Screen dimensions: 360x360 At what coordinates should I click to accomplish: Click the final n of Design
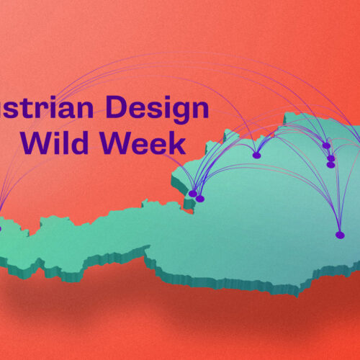pyautogui.click(x=202, y=110)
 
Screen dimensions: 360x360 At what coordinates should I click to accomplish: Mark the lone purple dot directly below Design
pyautogui.click(x=256, y=155)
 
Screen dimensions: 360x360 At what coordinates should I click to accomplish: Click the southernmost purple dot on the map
pyautogui.click(x=340, y=235)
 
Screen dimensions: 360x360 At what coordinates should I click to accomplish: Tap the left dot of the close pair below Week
pyautogui.click(x=192, y=194)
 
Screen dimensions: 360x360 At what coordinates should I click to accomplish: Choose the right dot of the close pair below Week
pyautogui.click(x=200, y=198)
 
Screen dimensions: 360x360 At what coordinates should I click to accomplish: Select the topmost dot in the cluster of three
pyautogui.click(x=327, y=145)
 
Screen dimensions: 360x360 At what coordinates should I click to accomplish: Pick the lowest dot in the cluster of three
pyautogui.click(x=330, y=165)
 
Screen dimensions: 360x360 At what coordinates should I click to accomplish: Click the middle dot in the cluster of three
pyautogui.click(x=330, y=158)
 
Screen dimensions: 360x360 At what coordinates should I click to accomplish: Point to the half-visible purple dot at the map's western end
pyautogui.click(x=1, y=229)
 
